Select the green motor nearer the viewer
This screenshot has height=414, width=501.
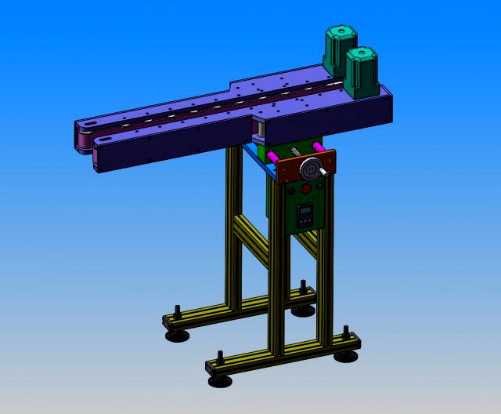362,71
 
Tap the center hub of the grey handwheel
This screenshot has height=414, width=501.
312,169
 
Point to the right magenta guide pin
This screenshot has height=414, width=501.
316,147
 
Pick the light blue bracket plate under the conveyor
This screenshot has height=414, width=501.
252,152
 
